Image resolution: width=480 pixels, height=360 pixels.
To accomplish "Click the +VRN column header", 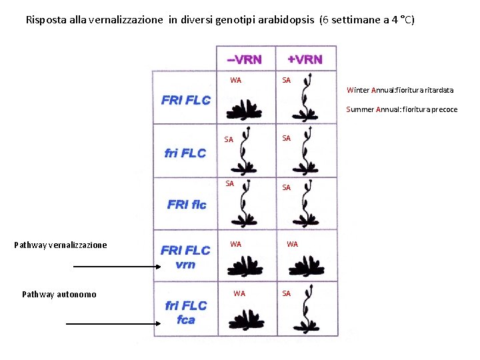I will pos(305,59).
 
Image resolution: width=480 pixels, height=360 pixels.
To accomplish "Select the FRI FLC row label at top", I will pos(186,101).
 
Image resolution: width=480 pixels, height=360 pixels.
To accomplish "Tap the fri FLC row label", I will pos(185,153).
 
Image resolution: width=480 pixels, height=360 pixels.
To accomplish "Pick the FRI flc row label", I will pos(187,204).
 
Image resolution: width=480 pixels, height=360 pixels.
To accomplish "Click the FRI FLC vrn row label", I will pos(185,257).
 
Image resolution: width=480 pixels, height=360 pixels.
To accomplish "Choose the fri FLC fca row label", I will pos(186,313).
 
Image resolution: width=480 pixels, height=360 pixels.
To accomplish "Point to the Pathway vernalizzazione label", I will pos(60,245).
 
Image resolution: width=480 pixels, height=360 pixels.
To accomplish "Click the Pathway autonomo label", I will pos(59,294).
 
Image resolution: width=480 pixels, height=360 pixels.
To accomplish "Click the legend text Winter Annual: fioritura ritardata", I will pos(400,90).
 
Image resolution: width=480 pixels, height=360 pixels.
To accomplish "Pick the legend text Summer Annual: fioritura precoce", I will pos(401,109).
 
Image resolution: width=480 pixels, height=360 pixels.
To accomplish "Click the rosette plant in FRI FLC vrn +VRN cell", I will pos(305,267).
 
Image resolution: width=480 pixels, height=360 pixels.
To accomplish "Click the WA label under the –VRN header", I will pos(235,81).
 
